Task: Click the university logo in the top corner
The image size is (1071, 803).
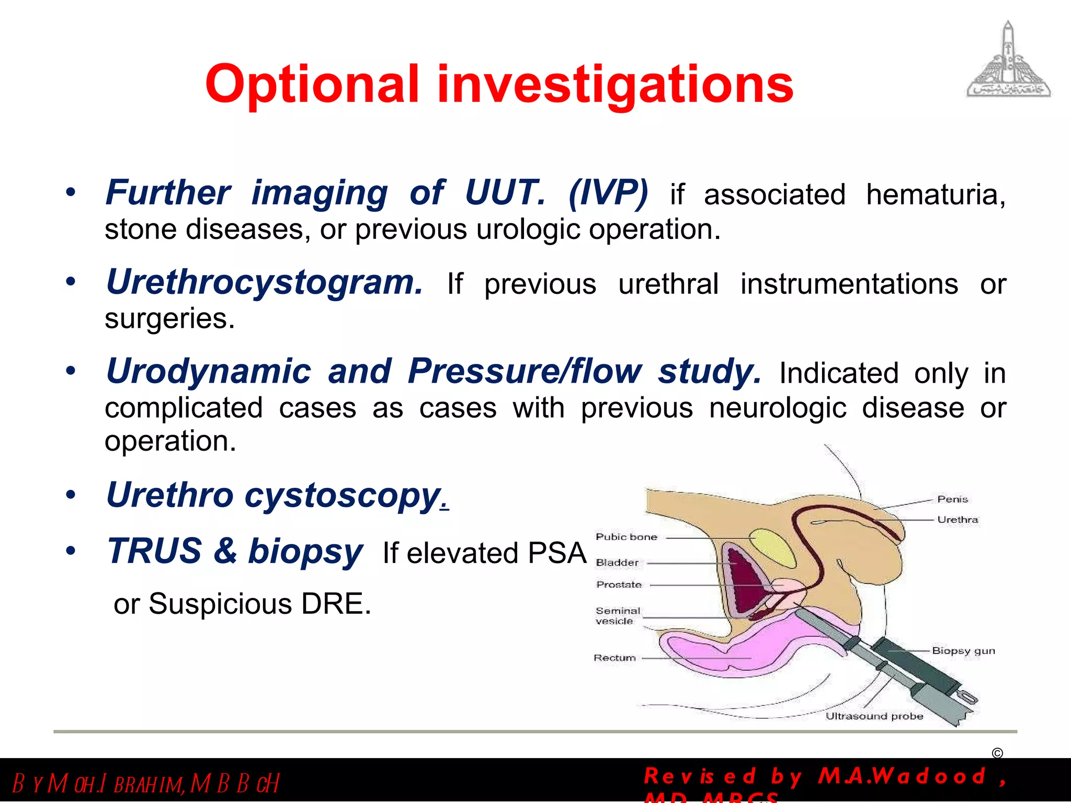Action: pos(1008,60)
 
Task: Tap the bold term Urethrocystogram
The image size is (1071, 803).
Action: pos(264,283)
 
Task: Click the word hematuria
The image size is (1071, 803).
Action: pos(936,195)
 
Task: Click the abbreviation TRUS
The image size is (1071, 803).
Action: pos(155,551)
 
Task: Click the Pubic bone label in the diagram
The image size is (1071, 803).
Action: pos(626,537)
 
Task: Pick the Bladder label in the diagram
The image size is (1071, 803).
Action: pos(617,563)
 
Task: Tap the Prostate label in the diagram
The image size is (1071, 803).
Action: pos(619,585)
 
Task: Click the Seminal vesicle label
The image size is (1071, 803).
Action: pos(617,616)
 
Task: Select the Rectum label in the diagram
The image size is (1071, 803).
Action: pos(614,658)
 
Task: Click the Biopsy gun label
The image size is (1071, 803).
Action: pos(963,651)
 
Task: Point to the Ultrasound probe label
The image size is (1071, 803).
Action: pos(874,716)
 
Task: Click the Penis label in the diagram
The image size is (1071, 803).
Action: pos(952,499)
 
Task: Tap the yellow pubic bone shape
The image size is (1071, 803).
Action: pos(772,547)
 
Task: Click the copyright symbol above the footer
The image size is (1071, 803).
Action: pos(997,753)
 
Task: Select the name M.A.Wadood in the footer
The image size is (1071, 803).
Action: pos(902,776)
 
